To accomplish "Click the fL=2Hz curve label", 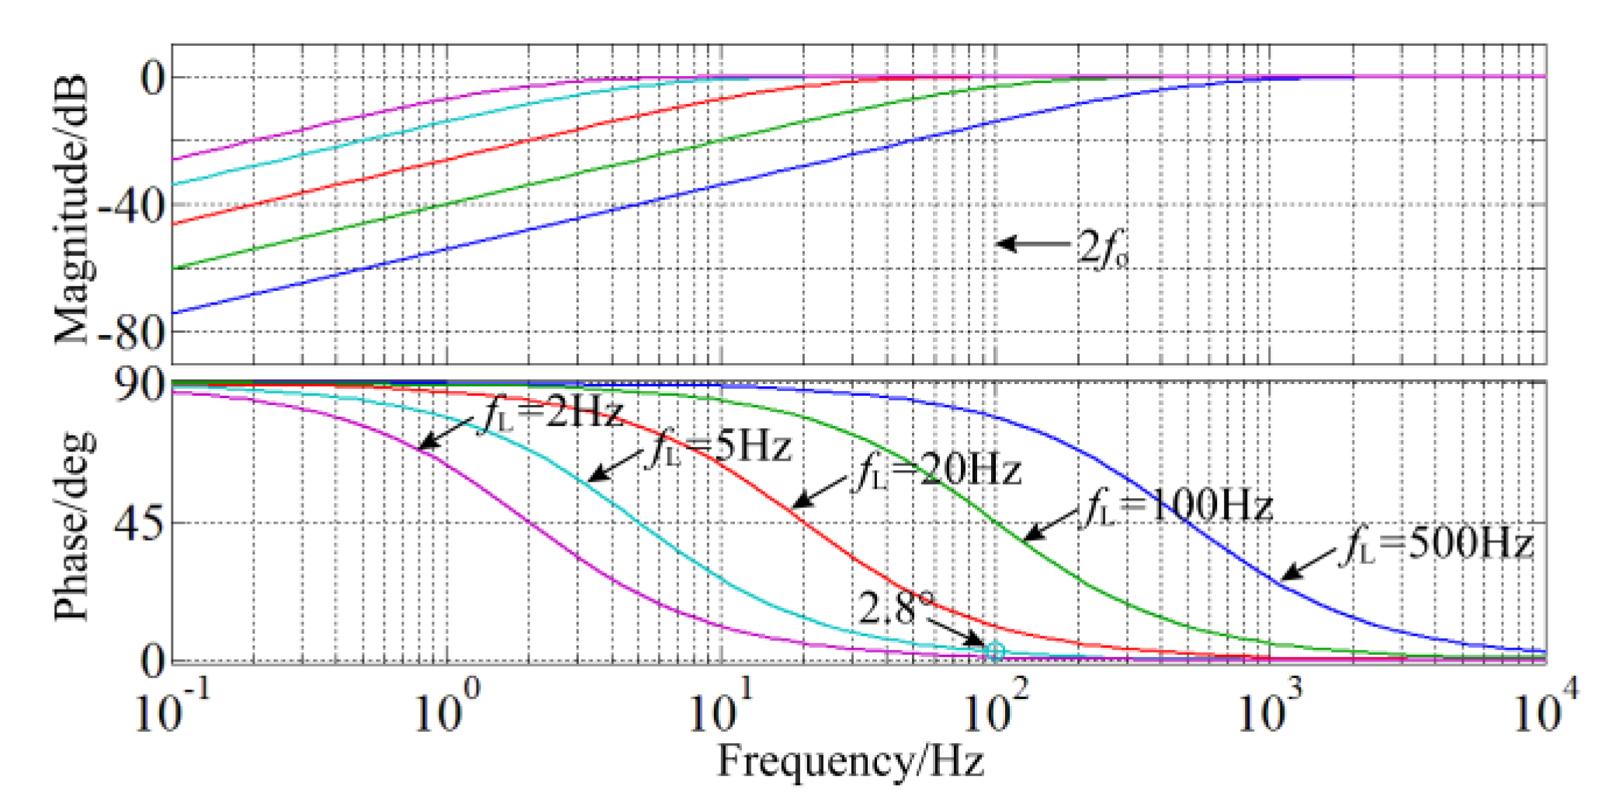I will (x=553, y=412).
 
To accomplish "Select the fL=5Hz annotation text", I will (x=719, y=448).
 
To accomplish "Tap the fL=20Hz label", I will (x=938, y=470).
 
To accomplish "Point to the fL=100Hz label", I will (x=1176, y=506).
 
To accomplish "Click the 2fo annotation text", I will (x=1102, y=248).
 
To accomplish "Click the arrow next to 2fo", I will (x=1032, y=244).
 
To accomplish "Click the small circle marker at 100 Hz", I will (x=995, y=652).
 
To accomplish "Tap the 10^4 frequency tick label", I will (x=1544, y=710).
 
